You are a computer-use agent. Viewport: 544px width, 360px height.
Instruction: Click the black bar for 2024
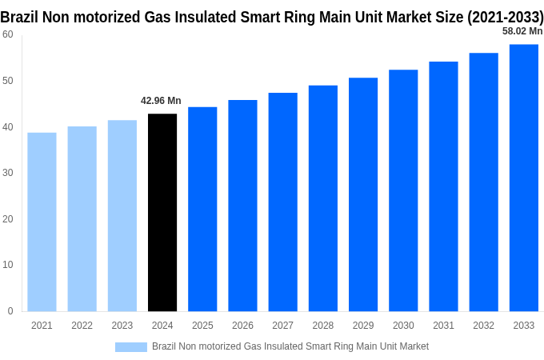tap(162, 213)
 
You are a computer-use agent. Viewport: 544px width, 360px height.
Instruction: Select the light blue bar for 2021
tap(42, 222)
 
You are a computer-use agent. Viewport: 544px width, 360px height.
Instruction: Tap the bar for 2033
tap(524, 178)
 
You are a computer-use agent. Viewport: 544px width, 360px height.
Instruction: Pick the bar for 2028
tap(323, 198)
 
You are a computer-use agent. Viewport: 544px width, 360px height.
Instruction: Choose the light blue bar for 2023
tap(122, 216)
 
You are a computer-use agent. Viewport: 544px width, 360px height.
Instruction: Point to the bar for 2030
tap(403, 190)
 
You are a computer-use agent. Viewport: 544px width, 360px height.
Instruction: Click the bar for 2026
tap(242, 206)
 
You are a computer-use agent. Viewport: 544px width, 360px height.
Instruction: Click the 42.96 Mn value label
tap(161, 101)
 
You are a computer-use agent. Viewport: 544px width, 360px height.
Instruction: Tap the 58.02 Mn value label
tap(522, 31)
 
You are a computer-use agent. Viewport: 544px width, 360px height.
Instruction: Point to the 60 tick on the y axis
tap(7, 34)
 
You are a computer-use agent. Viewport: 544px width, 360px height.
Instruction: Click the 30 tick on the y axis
tap(7, 173)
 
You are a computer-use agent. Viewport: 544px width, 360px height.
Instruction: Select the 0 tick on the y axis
tap(10, 311)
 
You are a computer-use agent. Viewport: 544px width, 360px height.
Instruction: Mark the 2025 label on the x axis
tap(202, 326)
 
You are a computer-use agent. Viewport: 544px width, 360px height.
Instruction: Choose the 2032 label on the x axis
tap(483, 326)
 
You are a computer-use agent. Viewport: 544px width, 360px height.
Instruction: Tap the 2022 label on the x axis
tap(82, 326)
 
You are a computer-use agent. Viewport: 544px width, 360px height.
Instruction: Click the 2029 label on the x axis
tap(363, 326)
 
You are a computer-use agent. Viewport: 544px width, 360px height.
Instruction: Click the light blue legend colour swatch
tap(131, 346)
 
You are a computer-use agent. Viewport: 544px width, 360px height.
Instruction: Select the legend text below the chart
tap(290, 346)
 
